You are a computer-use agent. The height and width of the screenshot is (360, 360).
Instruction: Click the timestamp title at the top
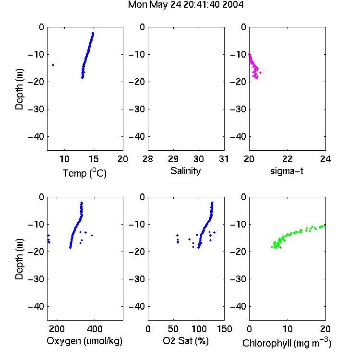pyautogui.click(x=185, y=5)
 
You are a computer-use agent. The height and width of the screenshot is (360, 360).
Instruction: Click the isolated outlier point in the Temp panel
pyautogui.click(x=53, y=65)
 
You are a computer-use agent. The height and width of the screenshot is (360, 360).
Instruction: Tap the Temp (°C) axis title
pyautogui.click(x=84, y=173)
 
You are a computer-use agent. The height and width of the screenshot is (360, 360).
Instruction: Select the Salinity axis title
pyautogui.click(x=185, y=171)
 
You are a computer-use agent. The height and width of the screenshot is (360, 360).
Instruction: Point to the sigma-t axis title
pyautogui.click(x=287, y=171)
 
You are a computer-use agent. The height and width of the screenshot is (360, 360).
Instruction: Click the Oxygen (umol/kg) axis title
pyautogui.click(x=84, y=341)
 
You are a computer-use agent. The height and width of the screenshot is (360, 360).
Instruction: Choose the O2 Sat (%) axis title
pyautogui.click(x=186, y=341)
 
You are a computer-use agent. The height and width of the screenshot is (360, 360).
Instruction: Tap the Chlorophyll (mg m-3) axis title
pyautogui.click(x=287, y=343)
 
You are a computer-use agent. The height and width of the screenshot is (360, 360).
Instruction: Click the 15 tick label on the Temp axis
pyautogui.click(x=94, y=159)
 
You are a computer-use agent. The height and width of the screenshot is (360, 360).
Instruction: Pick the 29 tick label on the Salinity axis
pyautogui.click(x=173, y=159)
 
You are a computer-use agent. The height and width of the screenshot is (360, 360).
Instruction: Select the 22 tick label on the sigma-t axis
pyautogui.click(x=287, y=159)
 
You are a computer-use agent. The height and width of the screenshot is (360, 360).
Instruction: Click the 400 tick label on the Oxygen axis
pyautogui.click(x=95, y=329)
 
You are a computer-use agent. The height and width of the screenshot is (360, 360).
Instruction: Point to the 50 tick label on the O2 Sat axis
pyautogui.click(x=173, y=329)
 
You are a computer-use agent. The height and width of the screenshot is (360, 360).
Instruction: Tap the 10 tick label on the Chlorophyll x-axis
pyautogui.click(x=287, y=329)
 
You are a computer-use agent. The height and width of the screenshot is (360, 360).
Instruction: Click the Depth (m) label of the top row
pyautogui.click(x=19, y=89)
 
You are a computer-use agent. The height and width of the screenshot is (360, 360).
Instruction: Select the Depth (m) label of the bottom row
pyautogui.click(x=19, y=259)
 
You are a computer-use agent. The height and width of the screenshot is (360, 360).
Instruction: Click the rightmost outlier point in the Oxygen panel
pyautogui.click(x=92, y=235)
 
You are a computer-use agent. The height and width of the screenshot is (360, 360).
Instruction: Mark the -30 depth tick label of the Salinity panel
pyautogui.click(x=137, y=109)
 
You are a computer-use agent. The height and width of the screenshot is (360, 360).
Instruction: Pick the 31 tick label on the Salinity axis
pyautogui.click(x=224, y=159)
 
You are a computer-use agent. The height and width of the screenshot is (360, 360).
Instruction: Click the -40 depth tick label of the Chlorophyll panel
pyautogui.click(x=238, y=306)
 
